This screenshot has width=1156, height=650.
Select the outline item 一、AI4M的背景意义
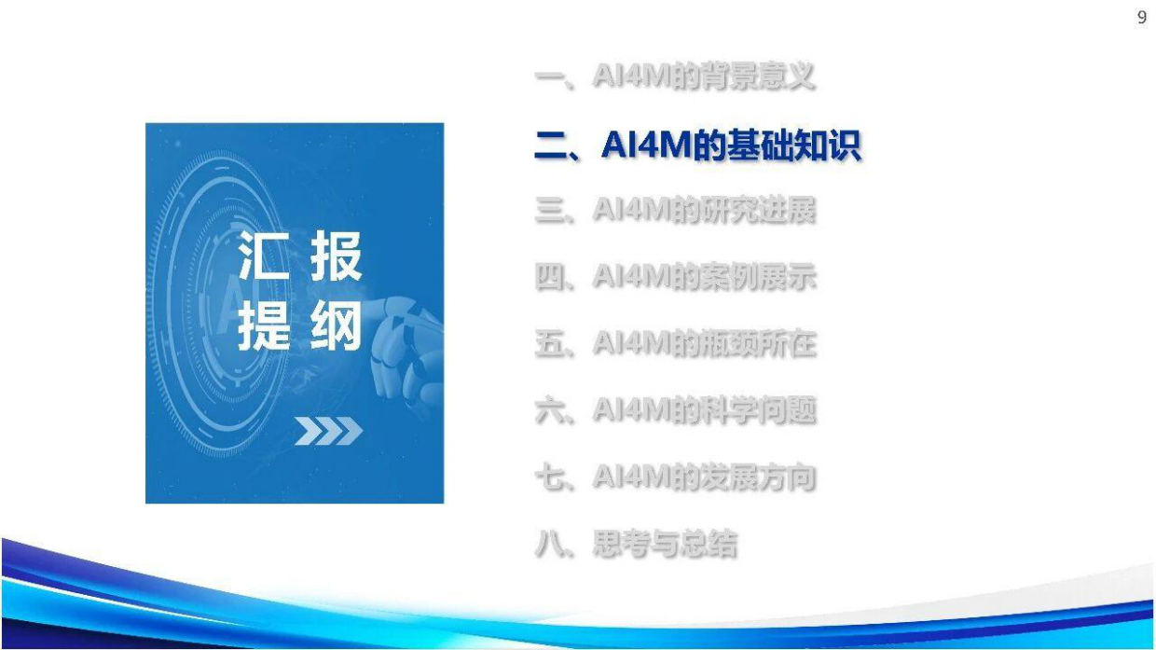[x=675, y=77]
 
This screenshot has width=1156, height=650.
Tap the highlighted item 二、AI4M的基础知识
[x=697, y=146]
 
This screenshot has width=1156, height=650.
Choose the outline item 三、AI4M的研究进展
[x=675, y=211]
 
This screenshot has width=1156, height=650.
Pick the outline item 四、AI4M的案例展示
[x=675, y=278]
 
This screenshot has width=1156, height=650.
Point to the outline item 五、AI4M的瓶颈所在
[x=675, y=344]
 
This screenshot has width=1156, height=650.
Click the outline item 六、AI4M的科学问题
[x=675, y=411]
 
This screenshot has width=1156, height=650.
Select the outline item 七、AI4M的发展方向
[x=675, y=478]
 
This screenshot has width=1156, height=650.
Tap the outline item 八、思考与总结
[x=636, y=545]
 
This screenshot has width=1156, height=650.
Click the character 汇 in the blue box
[x=262, y=257]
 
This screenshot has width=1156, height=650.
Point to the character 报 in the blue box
[x=335, y=257]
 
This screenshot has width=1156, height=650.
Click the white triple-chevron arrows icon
[x=328, y=432]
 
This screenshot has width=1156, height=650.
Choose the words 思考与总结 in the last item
[x=664, y=545]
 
